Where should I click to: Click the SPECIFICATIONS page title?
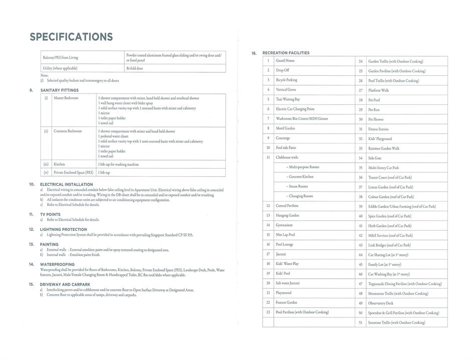click(71, 37)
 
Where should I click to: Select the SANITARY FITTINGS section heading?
click(59, 90)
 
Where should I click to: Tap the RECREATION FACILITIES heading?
click(286, 53)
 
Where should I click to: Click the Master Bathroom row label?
click(66, 98)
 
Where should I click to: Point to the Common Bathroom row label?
click(67, 131)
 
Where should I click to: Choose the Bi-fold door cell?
click(135, 68)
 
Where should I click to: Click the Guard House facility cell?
click(285, 61)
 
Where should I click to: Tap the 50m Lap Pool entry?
click(285, 234)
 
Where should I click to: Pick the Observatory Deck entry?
click(381, 303)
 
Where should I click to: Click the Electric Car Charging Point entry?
click(295, 109)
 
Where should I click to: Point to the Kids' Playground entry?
click(380, 139)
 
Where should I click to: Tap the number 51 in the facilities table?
click(360, 322)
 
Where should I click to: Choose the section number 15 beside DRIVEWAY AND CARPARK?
click(31, 284)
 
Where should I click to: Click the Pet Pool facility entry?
click(374, 100)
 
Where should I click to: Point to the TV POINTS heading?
click(50, 214)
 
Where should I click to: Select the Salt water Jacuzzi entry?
click(287, 283)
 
